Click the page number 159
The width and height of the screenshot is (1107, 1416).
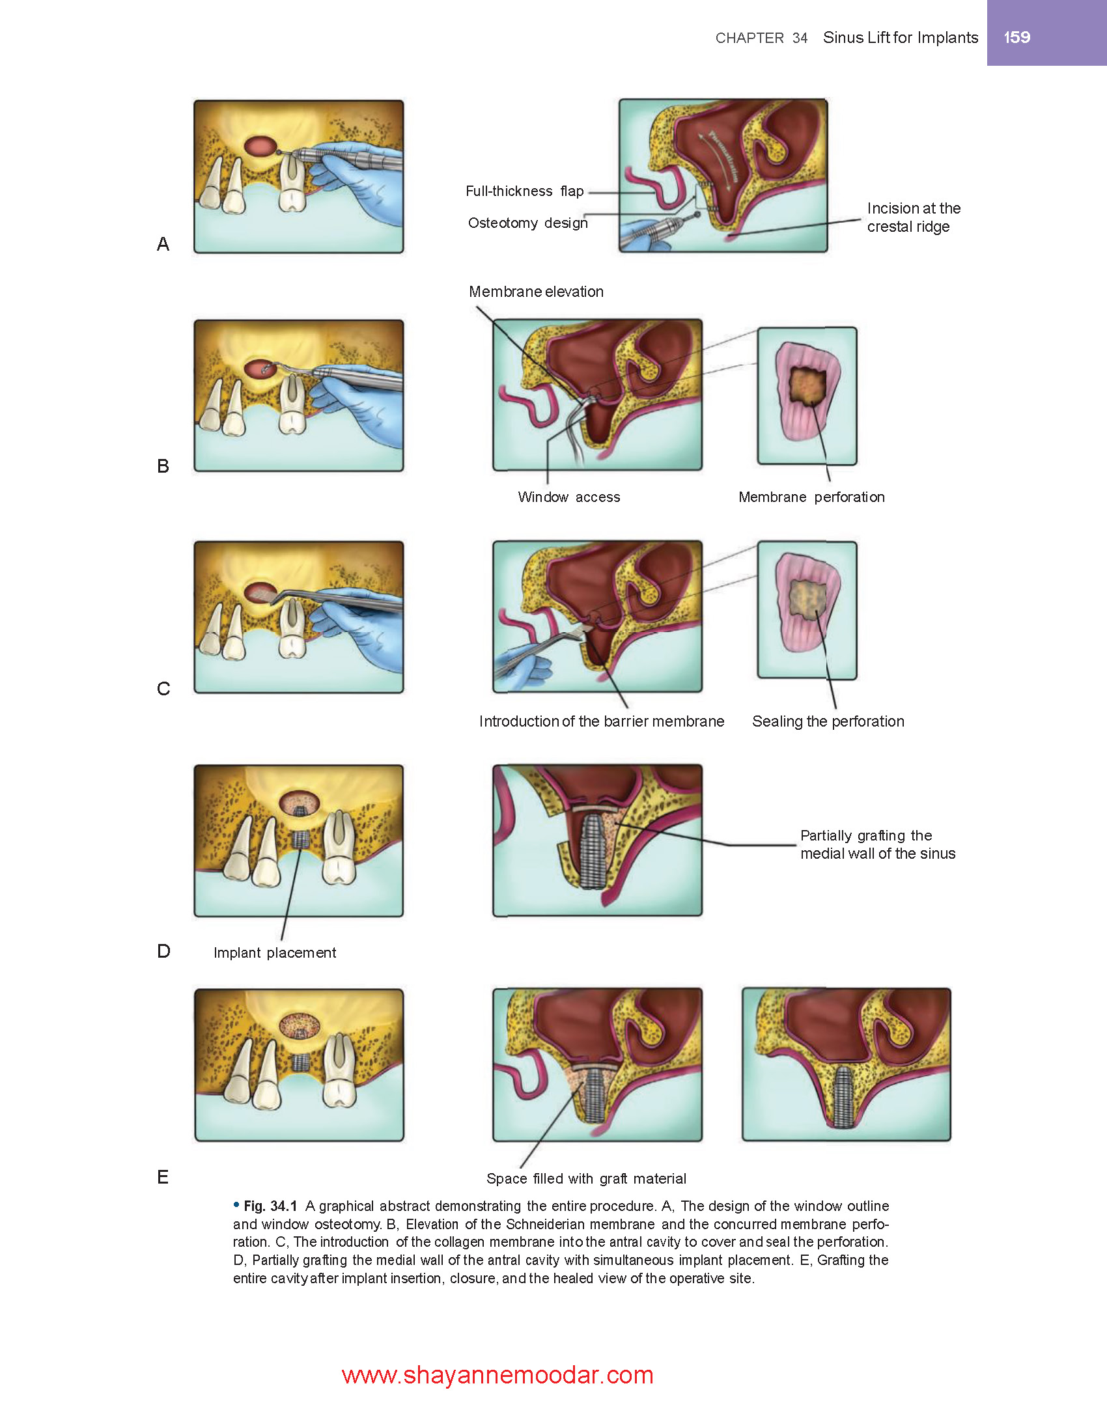pos(1016,37)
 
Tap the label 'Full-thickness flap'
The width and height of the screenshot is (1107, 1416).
pos(524,191)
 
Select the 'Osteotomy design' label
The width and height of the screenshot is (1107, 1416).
pos(527,223)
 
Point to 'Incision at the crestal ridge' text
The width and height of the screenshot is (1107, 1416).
pos(913,217)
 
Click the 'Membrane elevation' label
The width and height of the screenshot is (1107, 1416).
pos(536,292)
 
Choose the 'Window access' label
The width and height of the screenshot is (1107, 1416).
pos(568,497)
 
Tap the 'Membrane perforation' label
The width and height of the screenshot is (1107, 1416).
pos(811,497)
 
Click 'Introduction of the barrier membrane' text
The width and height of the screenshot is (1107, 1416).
pos(601,721)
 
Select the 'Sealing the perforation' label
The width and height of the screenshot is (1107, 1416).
pos(828,721)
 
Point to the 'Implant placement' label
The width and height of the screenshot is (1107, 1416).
pos(275,953)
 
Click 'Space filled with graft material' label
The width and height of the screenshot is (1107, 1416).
pos(586,1179)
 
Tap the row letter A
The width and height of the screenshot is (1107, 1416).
pos(163,244)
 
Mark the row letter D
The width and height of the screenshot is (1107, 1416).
pos(163,951)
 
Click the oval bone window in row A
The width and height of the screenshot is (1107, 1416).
pos(260,146)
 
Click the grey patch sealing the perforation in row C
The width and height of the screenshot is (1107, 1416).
pos(807,599)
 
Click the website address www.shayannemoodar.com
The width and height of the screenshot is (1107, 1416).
pos(497,1375)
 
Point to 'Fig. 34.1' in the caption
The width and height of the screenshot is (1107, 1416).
pos(270,1206)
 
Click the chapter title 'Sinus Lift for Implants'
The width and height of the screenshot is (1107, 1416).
pos(900,38)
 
